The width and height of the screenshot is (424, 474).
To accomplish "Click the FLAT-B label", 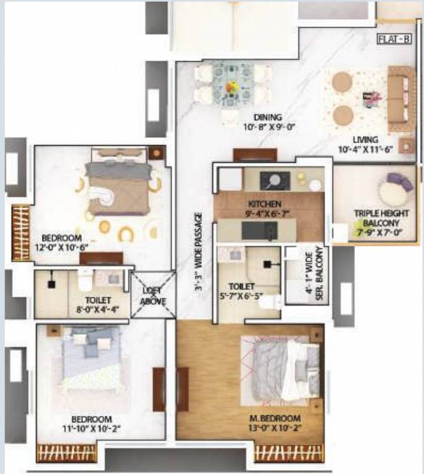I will pos(396,41).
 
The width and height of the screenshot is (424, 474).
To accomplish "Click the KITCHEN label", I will pos(265,204).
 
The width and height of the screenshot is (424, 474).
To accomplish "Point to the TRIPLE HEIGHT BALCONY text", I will pos(376,218).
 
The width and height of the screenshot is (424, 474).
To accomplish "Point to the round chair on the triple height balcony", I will pos(393,188).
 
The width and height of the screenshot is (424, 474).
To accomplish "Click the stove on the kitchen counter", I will pos(272,180).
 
